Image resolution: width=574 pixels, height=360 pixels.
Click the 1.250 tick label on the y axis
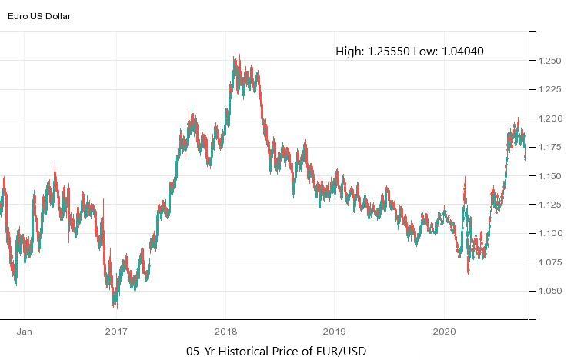point(551,60)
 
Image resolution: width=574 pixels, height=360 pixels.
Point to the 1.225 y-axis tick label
point(551,89)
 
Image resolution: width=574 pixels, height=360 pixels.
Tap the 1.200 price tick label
point(551,118)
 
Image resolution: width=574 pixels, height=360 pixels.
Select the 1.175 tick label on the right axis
point(551,147)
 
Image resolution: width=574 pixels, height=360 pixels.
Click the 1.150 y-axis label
point(551,175)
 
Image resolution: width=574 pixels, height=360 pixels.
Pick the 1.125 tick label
point(551,204)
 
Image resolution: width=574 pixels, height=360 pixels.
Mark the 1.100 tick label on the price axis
point(551,233)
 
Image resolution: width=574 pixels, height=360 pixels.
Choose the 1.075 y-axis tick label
point(551,262)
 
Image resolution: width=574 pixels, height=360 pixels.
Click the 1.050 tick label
point(551,291)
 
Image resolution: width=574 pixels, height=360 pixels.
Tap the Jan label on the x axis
point(24,332)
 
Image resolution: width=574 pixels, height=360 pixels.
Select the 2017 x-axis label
point(116,332)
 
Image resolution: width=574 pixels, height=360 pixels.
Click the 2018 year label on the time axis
point(225,332)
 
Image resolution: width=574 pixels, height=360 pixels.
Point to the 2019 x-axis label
point(334,332)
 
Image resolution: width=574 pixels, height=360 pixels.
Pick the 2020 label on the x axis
point(444,332)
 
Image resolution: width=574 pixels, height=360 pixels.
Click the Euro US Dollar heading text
point(39,15)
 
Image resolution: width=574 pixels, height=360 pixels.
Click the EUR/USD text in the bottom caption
point(340,352)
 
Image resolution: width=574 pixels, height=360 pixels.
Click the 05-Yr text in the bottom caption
point(202,352)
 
